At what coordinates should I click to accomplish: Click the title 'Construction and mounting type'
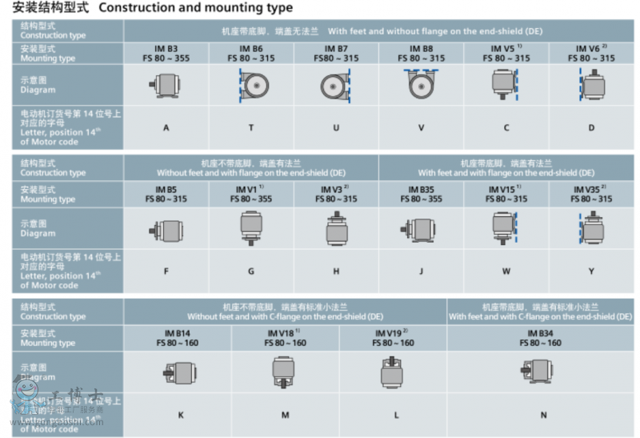[x=195, y=8]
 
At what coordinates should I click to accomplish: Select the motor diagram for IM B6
[x=251, y=85]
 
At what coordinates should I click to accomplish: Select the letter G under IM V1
[x=251, y=271]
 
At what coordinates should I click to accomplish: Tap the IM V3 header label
[x=336, y=194]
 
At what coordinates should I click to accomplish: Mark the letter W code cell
[x=506, y=271]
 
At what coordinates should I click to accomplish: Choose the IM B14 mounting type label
[x=178, y=337]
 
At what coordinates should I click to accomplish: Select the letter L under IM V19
[x=394, y=415]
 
